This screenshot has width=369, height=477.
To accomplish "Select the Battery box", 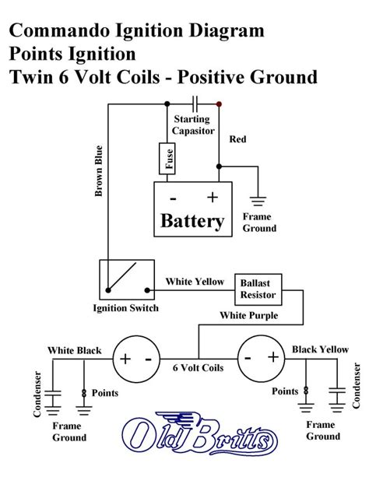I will (x=192, y=209).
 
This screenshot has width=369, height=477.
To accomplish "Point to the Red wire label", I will (x=237, y=139).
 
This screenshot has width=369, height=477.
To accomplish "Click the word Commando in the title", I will (x=59, y=31).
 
